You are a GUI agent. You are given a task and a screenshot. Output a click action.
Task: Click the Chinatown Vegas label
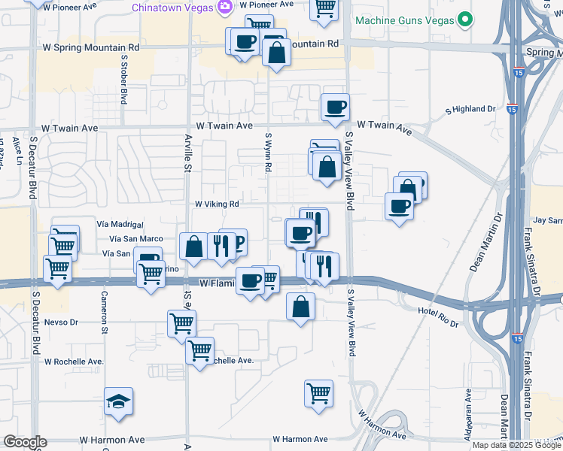[x=172, y=8]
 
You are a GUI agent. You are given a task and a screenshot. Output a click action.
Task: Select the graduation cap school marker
[x=119, y=402]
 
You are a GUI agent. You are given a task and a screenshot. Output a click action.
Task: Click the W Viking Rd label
[x=217, y=204]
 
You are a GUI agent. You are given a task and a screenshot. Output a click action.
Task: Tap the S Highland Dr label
[x=471, y=109]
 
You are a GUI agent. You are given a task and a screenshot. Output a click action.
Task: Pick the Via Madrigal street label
[x=120, y=224]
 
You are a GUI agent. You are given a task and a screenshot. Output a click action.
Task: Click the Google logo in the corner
[x=24, y=442]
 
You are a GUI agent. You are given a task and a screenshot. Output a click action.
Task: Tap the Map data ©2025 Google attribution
[x=517, y=445]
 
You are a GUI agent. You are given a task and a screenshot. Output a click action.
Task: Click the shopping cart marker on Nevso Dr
[x=181, y=323]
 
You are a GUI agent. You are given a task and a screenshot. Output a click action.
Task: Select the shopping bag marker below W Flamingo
[x=301, y=306]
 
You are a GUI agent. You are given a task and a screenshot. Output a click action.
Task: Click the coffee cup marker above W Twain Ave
[x=335, y=106]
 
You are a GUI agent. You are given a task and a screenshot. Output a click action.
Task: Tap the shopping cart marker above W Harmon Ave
[x=318, y=392]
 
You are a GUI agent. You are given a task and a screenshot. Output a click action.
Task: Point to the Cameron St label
[x=105, y=313]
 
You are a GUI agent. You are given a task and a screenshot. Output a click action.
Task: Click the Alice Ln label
[x=17, y=150]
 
